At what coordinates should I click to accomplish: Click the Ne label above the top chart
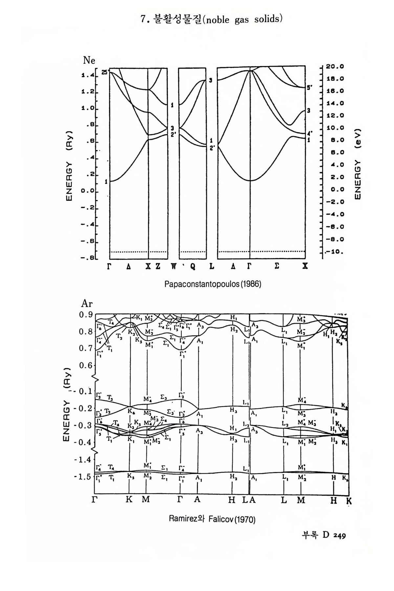pyautogui.click(x=89, y=60)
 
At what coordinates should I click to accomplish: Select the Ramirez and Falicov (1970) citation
pyautogui.click(x=212, y=519)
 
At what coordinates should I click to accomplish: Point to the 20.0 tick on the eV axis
pyautogui.click(x=335, y=66)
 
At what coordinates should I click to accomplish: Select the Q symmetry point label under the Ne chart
pyautogui.click(x=192, y=266)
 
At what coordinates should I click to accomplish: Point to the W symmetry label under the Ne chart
pyautogui.click(x=173, y=266)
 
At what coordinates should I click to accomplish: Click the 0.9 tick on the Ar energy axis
pyautogui.click(x=85, y=315)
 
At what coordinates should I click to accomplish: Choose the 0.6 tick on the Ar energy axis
pyautogui.click(x=85, y=365)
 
